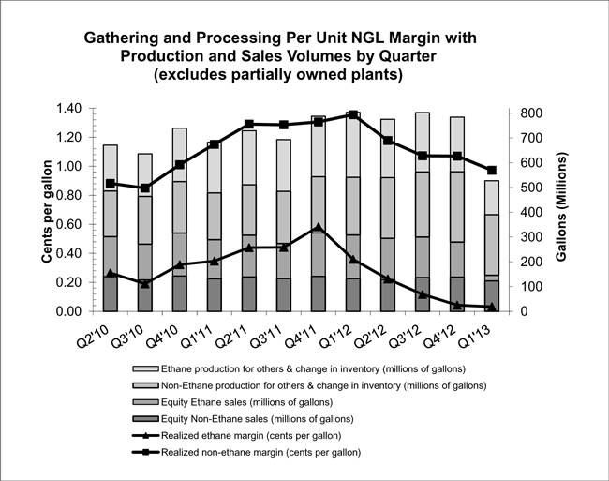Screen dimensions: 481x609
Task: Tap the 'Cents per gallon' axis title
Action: tap(45, 211)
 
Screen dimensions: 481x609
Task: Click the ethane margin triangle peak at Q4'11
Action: tap(319, 228)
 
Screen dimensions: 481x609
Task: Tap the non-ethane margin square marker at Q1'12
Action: tap(353, 114)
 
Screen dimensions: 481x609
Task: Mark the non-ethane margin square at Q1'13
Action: tap(492, 170)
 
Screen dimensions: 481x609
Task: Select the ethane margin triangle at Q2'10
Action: tap(111, 274)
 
